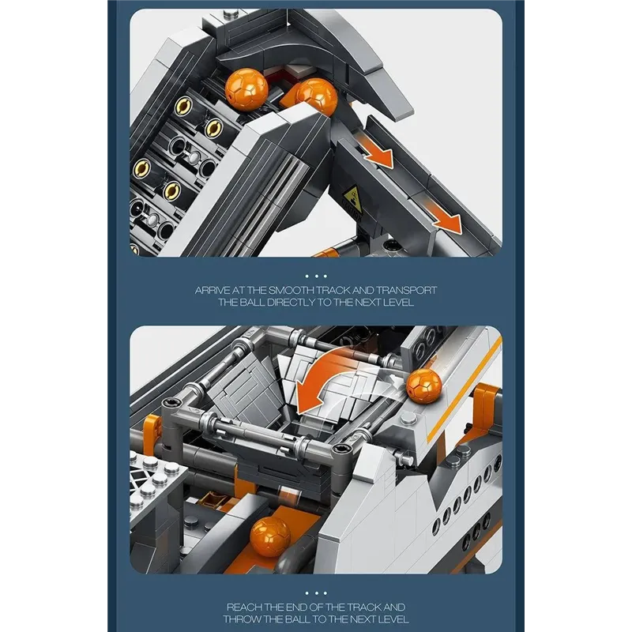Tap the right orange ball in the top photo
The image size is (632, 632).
coord(312,98)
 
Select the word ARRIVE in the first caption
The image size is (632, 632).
coord(213,291)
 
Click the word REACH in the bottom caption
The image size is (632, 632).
coord(245,607)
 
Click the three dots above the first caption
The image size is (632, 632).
coord(316,276)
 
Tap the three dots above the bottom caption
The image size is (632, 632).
coord(316,592)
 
